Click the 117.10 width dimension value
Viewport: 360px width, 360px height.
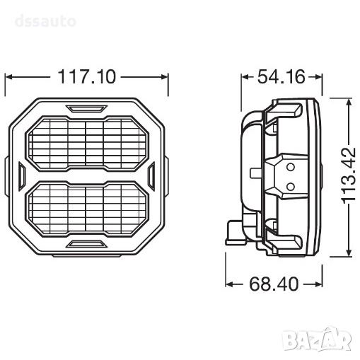(87, 76)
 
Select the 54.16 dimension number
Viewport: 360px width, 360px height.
(281, 76)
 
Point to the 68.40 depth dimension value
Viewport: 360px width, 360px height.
(274, 284)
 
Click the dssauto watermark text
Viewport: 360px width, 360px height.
(45, 21)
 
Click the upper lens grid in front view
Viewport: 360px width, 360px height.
(87, 143)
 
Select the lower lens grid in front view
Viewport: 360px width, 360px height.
(87, 209)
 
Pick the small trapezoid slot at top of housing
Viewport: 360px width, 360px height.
(86, 108)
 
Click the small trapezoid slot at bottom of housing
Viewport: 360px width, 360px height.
(86, 244)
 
